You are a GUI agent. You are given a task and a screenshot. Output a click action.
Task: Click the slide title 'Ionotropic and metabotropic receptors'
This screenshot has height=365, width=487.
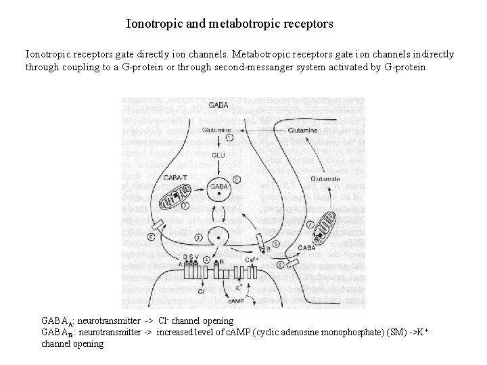pos(229,24)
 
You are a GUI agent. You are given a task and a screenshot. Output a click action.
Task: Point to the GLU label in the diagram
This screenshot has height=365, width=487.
pos(218,155)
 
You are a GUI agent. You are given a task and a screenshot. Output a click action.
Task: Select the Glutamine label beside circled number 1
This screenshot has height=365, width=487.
pos(216,130)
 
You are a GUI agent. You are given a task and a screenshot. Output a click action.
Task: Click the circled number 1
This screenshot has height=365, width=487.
pos(230,137)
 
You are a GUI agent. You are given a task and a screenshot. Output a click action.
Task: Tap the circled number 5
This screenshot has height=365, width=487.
pos(275,243)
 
